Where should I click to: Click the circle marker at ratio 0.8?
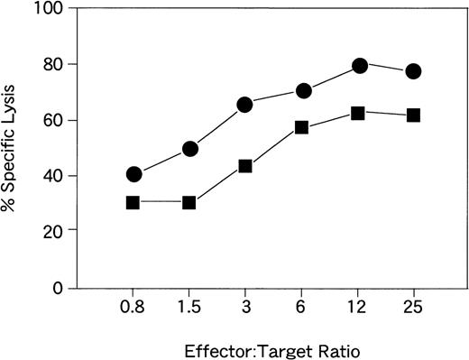133,174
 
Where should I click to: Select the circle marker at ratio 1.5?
189,149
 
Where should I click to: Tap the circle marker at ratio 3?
245,105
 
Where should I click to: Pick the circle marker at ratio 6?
303,91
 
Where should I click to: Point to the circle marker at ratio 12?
359,65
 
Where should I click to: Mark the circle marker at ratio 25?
414,71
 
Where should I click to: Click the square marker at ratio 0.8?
133,202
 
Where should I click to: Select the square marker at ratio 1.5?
189,202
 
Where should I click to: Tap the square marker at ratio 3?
245,166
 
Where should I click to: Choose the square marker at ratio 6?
302,127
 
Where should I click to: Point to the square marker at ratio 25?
414,115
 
